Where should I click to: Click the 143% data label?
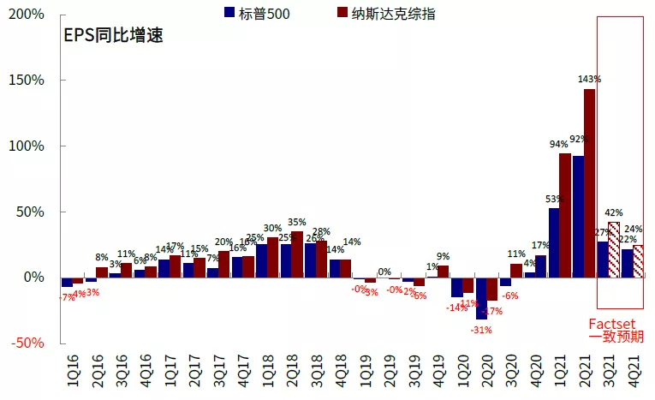(589, 79)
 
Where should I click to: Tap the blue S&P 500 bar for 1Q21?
(554, 243)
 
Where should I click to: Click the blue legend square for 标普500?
(229, 12)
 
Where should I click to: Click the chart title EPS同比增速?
(113, 36)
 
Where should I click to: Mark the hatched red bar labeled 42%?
(614, 249)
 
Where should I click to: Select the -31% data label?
(481, 330)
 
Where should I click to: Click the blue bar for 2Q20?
(481, 298)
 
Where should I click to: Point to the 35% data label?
(297, 222)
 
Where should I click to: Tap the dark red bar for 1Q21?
(565, 215)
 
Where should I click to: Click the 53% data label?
(554, 200)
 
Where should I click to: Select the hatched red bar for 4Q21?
(638, 261)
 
